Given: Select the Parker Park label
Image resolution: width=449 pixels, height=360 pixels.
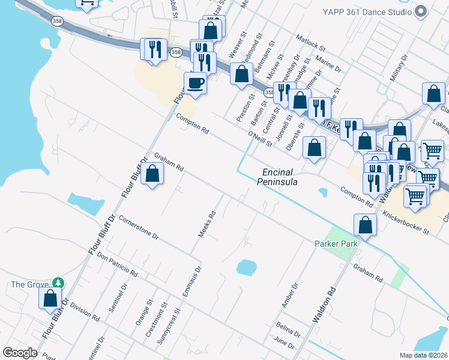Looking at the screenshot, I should pos(336,244).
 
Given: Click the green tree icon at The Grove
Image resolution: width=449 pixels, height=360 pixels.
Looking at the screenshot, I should pos(58,283).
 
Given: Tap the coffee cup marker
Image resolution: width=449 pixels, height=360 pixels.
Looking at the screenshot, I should pos(195,82).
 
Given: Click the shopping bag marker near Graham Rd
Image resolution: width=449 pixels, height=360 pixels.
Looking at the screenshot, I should pos(152,175).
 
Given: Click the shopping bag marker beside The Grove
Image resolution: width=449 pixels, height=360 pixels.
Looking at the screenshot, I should pos(50,298).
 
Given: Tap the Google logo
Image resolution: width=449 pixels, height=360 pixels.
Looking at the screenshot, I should pos(20,353).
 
